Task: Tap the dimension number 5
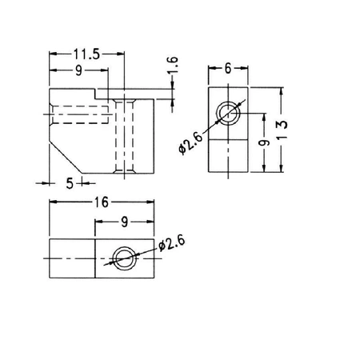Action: tap(70, 183)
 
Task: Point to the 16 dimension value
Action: tap(99, 203)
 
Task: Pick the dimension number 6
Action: tap(228, 70)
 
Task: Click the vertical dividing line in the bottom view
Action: tap(95, 258)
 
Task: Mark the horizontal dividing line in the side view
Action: tap(229, 138)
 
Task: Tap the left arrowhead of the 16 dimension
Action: tap(54, 203)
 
